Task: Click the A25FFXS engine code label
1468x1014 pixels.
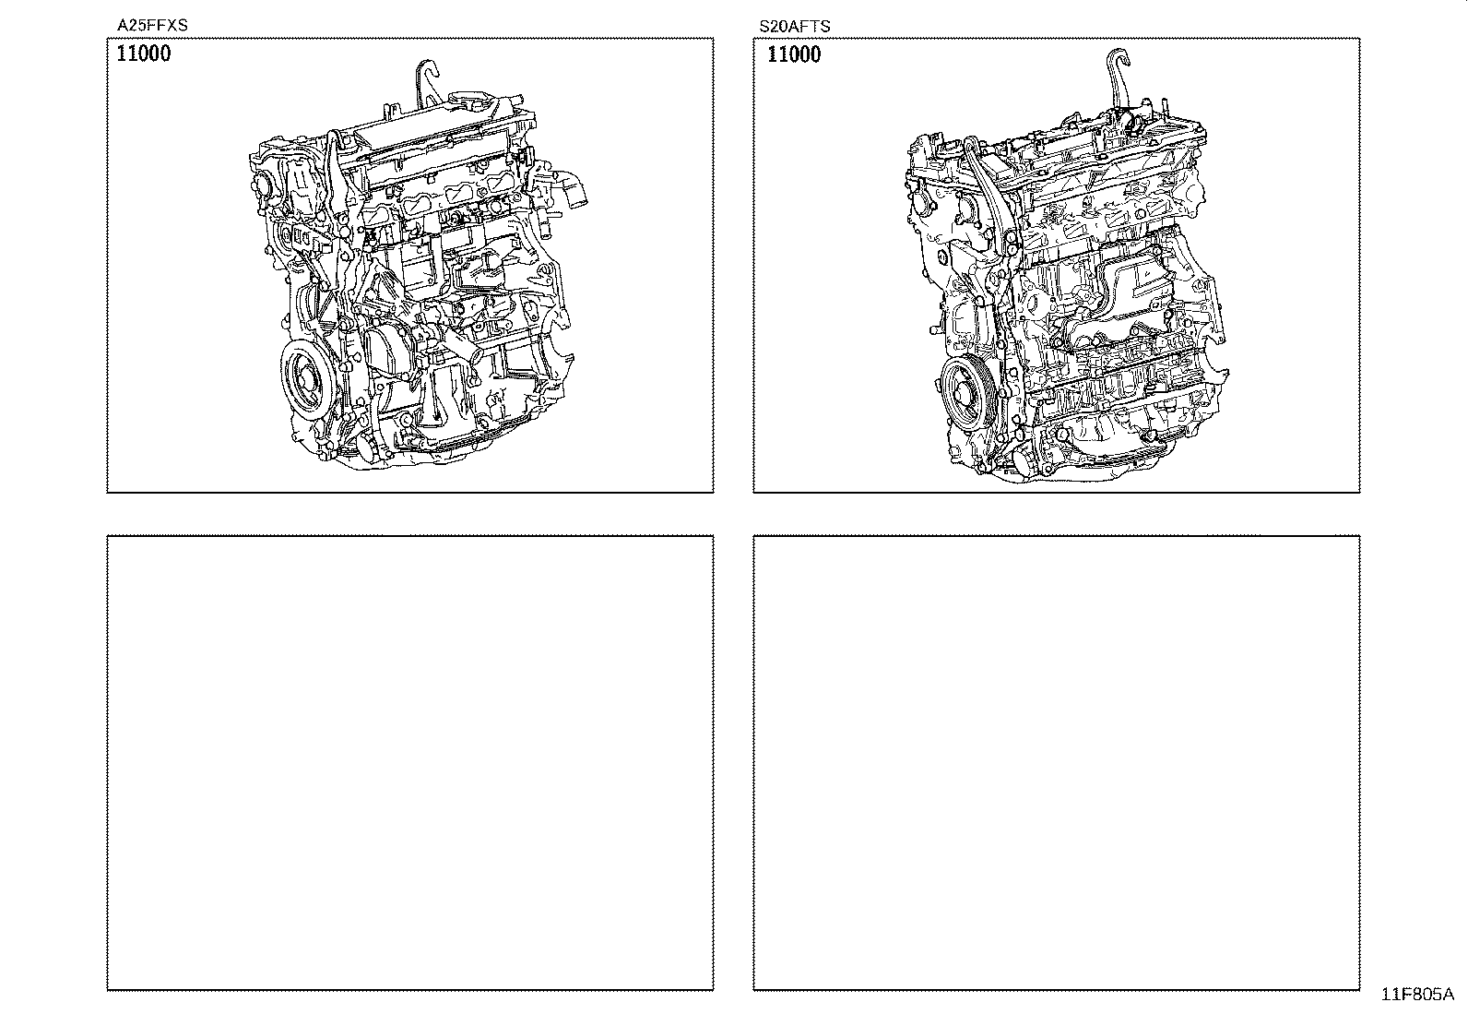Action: point(152,25)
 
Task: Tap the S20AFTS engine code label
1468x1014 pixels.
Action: point(794,26)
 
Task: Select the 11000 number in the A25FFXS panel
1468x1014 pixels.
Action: point(144,54)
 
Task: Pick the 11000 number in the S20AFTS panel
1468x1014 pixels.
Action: point(794,54)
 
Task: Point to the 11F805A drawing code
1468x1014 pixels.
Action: point(1417,995)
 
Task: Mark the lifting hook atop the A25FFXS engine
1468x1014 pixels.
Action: point(427,84)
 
